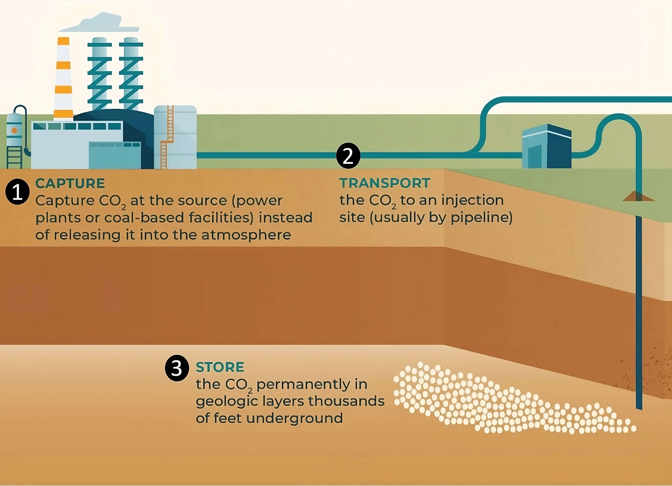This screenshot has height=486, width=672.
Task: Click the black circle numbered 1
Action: point(17,192)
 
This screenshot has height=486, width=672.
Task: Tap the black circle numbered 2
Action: point(348,156)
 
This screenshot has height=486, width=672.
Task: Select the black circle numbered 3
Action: point(177,368)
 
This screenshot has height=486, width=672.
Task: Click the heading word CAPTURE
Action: point(70,183)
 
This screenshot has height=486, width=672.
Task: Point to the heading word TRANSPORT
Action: point(385,183)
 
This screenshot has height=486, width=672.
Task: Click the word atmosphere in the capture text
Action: point(246,235)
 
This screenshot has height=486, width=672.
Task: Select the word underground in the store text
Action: point(294,418)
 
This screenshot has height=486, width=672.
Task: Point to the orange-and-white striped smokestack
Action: point(63,78)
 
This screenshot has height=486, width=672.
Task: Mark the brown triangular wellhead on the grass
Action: point(638,196)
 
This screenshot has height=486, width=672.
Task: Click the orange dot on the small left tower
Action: point(14,130)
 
